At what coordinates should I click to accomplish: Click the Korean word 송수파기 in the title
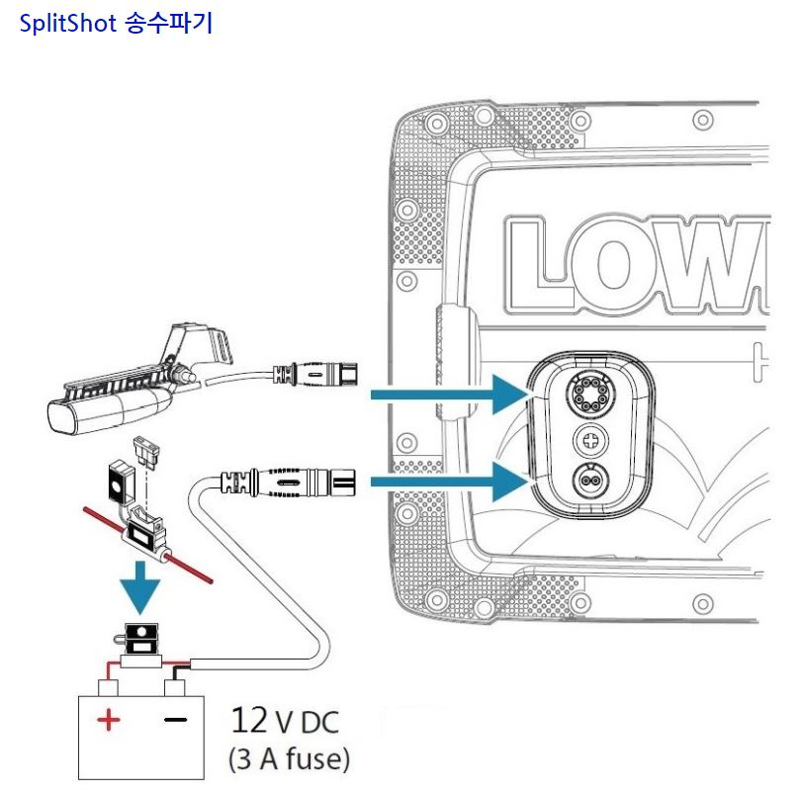click(x=169, y=24)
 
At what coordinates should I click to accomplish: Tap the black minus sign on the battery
click(x=175, y=721)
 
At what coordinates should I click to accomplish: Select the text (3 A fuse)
click(x=289, y=761)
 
